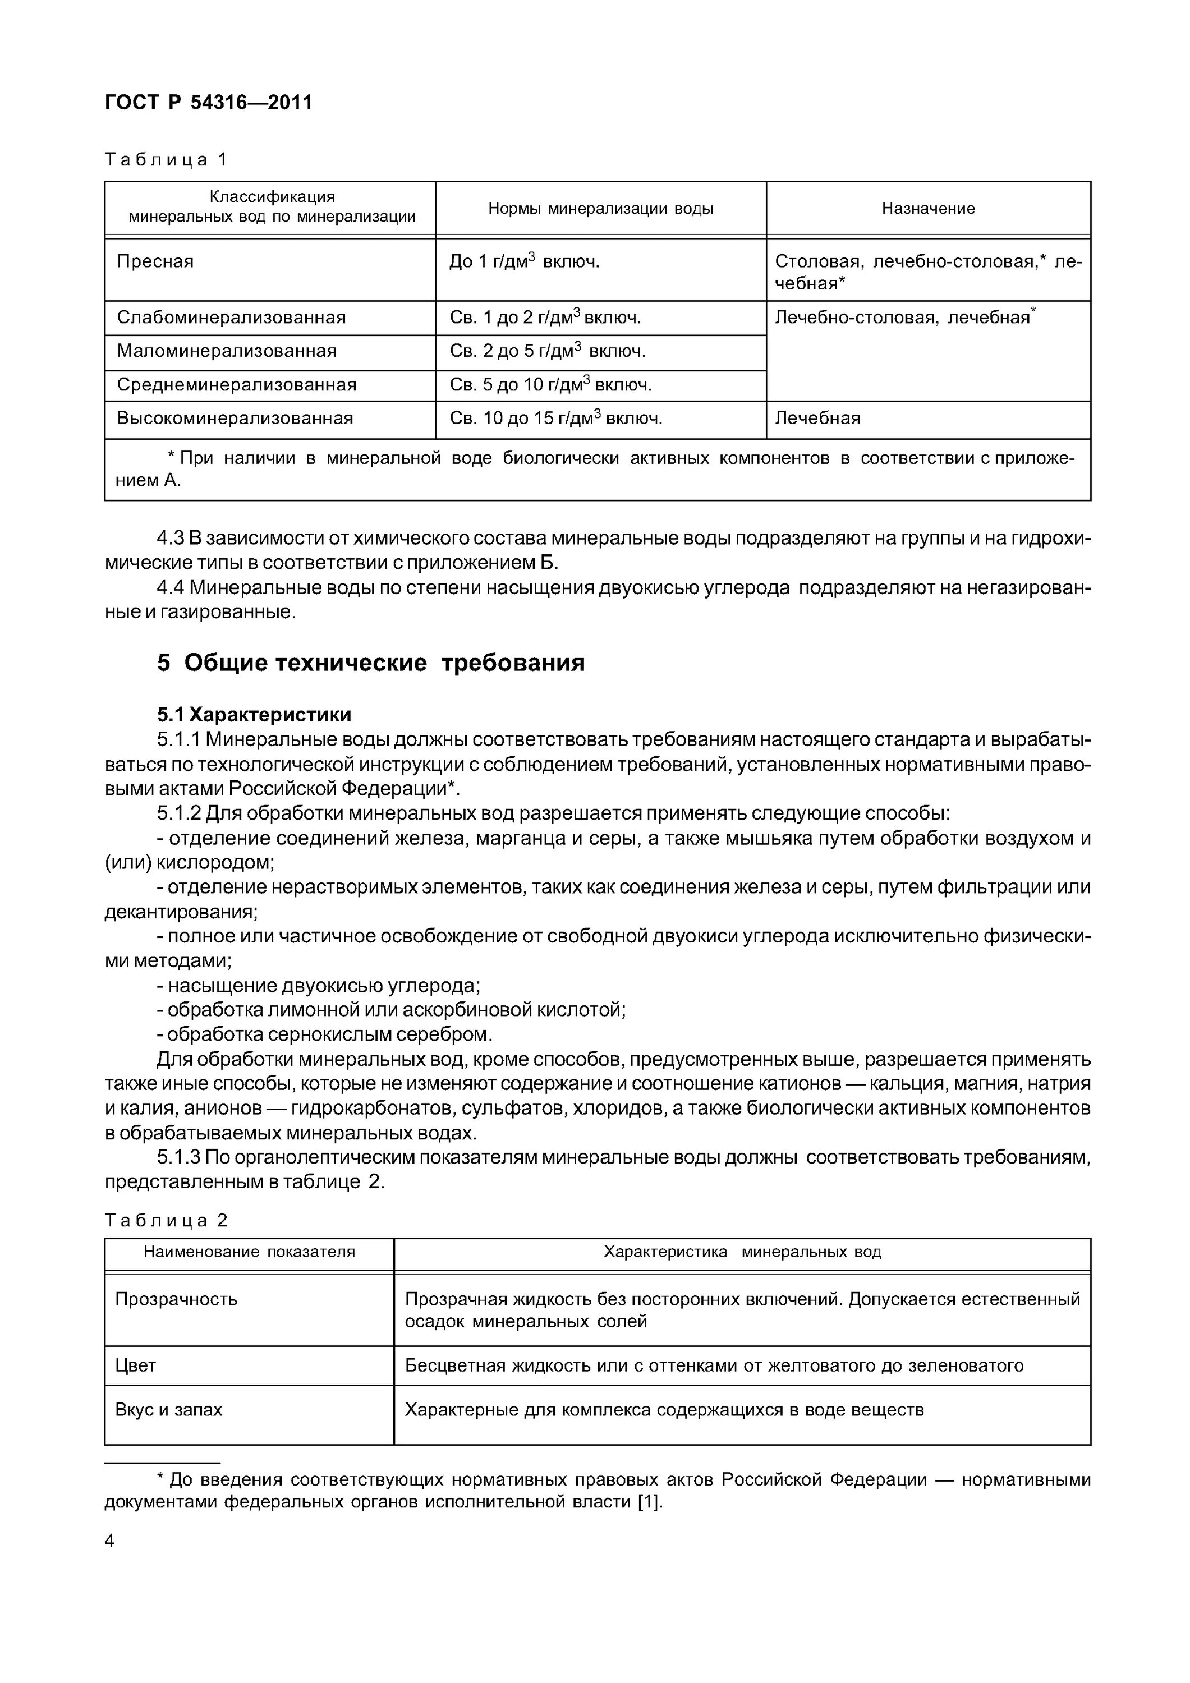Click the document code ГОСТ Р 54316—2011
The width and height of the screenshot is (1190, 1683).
click(x=208, y=102)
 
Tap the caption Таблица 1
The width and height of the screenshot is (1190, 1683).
click(x=167, y=159)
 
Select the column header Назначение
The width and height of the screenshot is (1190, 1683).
click(x=927, y=208)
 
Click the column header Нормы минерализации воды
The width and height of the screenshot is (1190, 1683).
click(x=600, y=208)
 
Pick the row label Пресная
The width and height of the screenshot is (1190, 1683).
click(x=155, y=261)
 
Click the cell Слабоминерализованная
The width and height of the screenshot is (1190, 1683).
click(x=231, y=318)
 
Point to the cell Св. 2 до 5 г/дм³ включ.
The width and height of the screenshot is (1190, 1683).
click(x=547, y=351)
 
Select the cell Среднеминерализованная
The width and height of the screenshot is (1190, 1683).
click(x=236, y=385)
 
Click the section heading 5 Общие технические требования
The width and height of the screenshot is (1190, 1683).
click(x=370, y=663)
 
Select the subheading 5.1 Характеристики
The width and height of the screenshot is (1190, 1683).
click(x=254, y=714)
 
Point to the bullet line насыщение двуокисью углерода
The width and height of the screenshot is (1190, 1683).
click(x=319, y=985)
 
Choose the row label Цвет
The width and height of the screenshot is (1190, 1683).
click(x=136, y=1365)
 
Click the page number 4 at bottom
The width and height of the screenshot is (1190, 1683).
click(x=109, y=1541)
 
